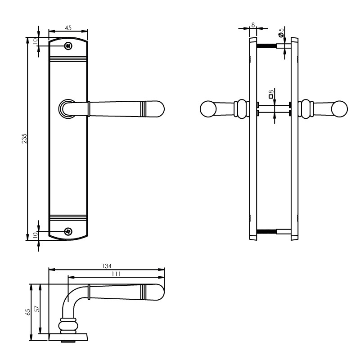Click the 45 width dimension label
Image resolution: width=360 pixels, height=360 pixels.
(x=68, y=27)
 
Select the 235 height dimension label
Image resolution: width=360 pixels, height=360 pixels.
(x=25, y=139)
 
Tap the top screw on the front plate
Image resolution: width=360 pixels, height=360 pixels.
(x=68, y=46)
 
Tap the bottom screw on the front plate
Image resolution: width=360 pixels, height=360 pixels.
(x=68, y=231)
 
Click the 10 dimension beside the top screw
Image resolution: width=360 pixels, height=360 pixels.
(x=35, y=41)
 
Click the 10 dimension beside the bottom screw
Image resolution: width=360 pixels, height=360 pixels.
(x=35, y=235)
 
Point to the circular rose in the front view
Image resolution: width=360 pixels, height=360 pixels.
(x=67, y=109)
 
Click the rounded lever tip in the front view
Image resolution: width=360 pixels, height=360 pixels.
(x=156, y=109)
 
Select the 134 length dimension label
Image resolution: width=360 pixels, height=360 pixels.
(x=106, y=265)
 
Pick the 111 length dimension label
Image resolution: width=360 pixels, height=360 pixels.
(x=116, y=274)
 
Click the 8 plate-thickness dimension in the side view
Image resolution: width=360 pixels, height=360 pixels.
(x=253, y=25)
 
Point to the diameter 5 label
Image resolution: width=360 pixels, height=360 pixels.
(x=281, y=32)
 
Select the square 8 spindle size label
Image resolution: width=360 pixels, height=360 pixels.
(x=271, y=94)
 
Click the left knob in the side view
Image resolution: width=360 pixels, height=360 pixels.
(x=207, y=109)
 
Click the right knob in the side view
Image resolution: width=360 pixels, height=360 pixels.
(x=340, y=109)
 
